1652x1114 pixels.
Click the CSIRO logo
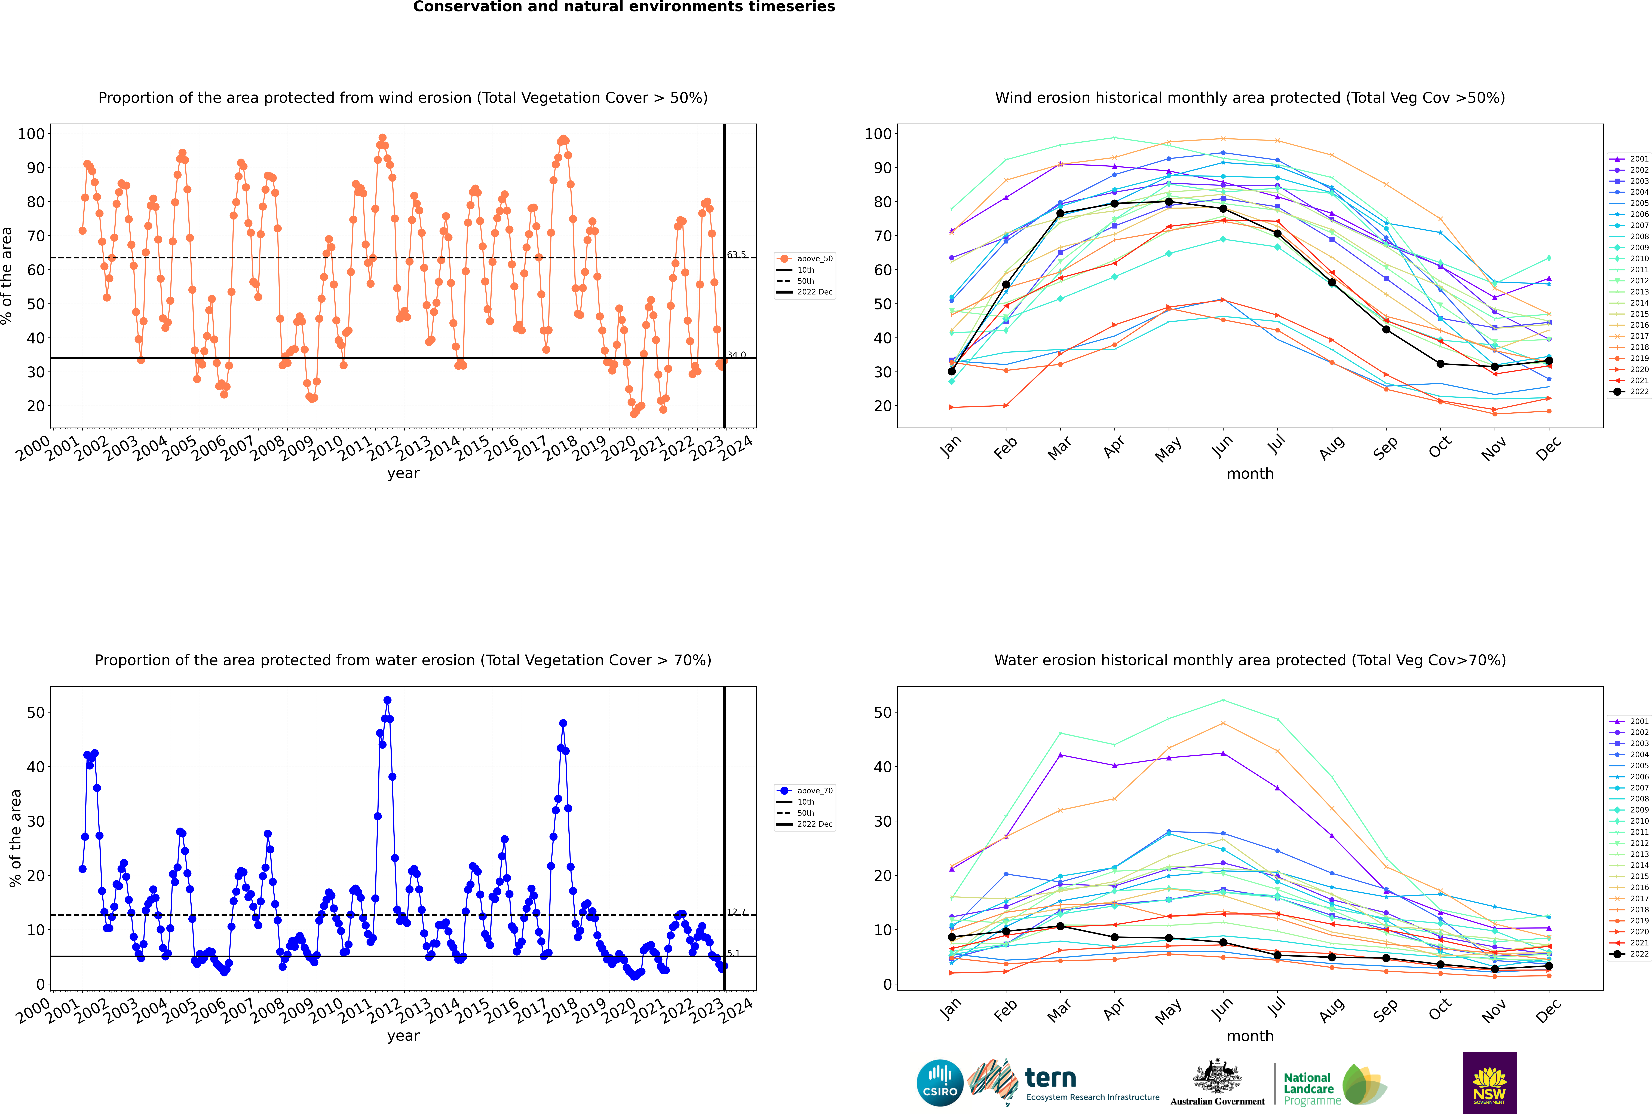pyautogui.click(x=940, y=1083)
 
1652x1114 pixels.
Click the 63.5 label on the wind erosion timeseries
pyautogui.click(x=737, y=254)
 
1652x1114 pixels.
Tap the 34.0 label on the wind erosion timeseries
pyautogui.click(x=737, y=355)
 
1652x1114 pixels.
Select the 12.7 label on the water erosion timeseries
pyautogui.click(x=737, y=912)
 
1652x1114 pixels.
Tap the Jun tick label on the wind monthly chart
pyautogui.click(x=1222, y=445)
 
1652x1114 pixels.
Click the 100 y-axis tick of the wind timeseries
pyautogui.click(x=31, y=134)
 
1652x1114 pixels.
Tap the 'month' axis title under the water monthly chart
pyautogui.click(x=1250, y=1036)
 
